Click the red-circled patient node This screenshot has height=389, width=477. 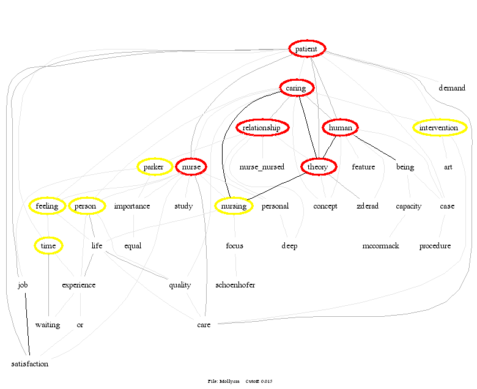coord(306,48)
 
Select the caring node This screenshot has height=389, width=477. coord(297,89)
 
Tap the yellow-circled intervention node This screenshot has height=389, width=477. coord(439,128)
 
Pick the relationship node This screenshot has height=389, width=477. coord(262,128)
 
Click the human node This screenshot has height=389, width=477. coord(340,128)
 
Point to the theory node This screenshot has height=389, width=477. coord(318,167)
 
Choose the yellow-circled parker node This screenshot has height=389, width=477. coord(154,167)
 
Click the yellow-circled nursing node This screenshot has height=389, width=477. coord(234,206)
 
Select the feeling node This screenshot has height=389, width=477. coord(47,206)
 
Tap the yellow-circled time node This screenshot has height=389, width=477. coord(48,246)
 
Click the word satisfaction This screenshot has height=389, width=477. coord(29,364)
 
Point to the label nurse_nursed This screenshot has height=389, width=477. coord(262,167)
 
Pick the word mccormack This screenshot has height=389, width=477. coord(380,246)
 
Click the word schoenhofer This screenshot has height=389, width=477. coord(235,285)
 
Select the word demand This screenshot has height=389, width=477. coord(452,88)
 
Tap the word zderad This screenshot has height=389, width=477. coord(368,206)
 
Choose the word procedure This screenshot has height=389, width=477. coord(435,246)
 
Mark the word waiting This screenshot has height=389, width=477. coord(48,325)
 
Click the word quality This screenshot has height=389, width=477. coord(180,285)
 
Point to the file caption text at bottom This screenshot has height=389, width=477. coord(240,381)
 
